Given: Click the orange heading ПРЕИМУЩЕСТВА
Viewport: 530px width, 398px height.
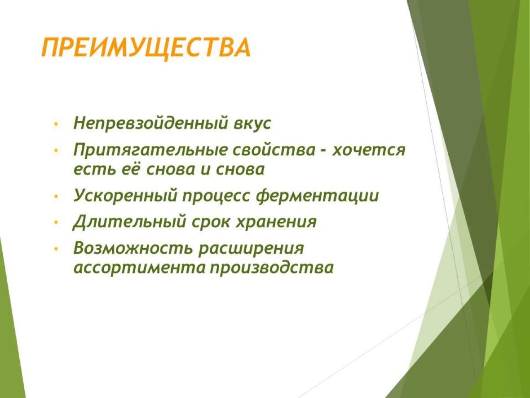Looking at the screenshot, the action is coord(146,48).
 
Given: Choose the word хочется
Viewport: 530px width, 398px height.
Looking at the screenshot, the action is coord(368,150).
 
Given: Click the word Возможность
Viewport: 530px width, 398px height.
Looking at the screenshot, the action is coord(133,249).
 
